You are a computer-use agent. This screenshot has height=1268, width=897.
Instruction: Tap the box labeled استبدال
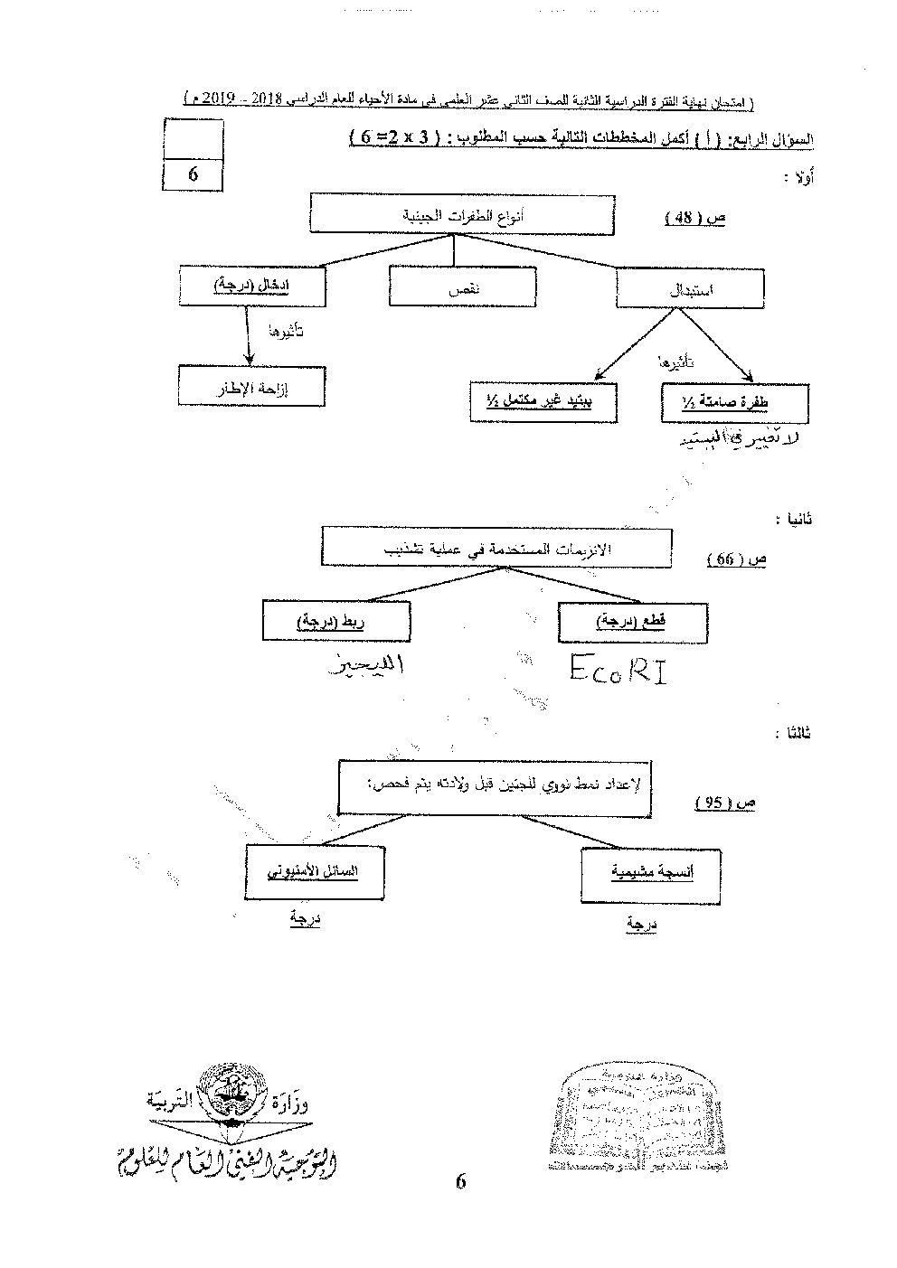[x=690, y=289]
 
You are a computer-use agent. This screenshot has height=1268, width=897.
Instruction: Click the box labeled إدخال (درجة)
[x=252, y=286]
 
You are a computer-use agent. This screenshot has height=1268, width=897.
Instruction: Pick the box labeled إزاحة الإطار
[x=250, y=385]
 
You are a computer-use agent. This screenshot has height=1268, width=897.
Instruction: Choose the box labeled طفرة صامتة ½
[x=733, y=403]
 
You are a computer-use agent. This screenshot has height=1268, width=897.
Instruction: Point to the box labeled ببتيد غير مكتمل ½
[x=543, y=401]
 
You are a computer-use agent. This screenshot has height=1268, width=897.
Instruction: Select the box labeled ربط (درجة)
[x=335, y=622]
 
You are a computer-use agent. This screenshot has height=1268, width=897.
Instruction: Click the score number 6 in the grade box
[x=193, y=174]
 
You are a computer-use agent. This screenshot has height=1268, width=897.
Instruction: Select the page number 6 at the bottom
[x=460, y=1182]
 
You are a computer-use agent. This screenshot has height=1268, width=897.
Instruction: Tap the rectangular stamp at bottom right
[x=633, y=1118]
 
